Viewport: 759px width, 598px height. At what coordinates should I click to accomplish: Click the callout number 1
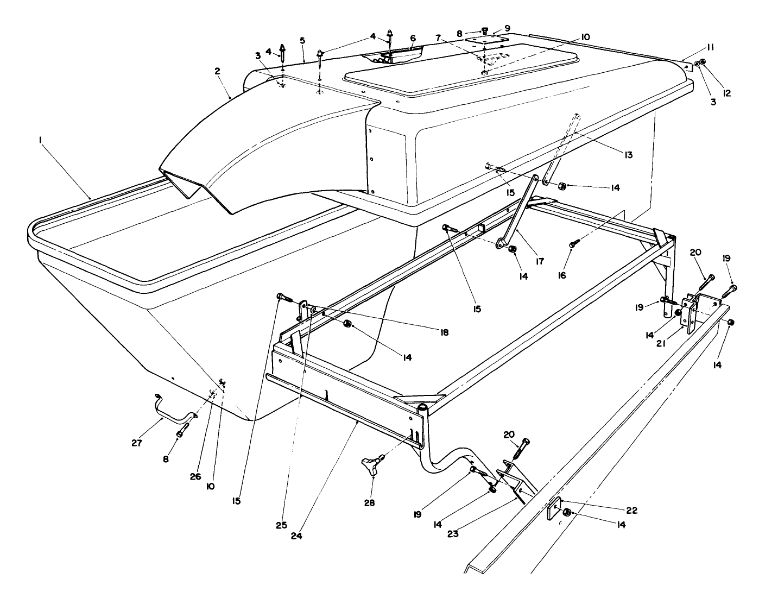pyautogui.click(x=40, y=140)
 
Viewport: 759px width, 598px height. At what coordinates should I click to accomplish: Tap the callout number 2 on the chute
pyautogui.click(x=217, y=71)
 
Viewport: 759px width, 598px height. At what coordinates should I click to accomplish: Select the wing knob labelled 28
pyautogui.click(x=373, y=466)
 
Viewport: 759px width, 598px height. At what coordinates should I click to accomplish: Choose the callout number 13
pyautogui.click(x=628, y=155)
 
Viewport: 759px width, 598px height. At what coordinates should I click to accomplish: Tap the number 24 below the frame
pyautogui.click(x=296, y=534)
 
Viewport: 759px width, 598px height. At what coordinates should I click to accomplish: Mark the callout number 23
pyautogui.click(x=453, y=533)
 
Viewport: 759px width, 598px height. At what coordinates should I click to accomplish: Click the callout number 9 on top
pyautogui.click(x=507, y=28)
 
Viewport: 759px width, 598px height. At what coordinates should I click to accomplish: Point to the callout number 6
pyautogui.click(x=413, y=39)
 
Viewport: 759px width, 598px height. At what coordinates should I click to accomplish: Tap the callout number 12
pyautogui.click(x=726, y=93)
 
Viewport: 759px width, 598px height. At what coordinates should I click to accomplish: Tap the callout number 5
pyautogui.click(x=302, y=41)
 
